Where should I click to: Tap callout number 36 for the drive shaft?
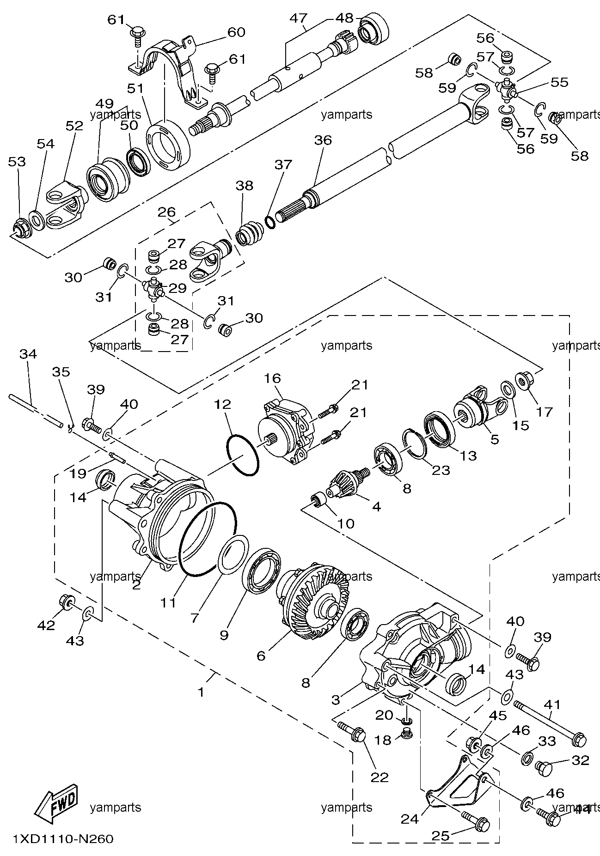pos(323,140)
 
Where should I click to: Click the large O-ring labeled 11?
pos(208,539)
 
